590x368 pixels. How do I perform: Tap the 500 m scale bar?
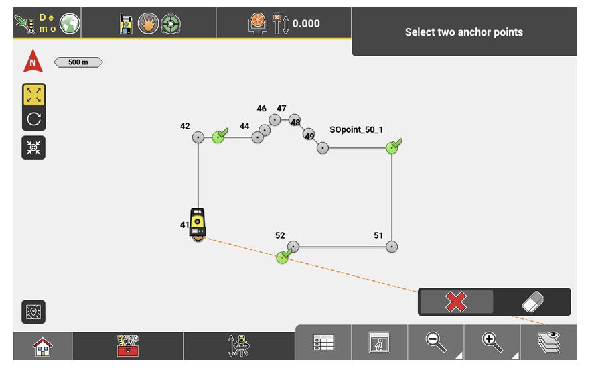coord(78,62)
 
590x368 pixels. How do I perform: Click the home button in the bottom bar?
coord(43,347)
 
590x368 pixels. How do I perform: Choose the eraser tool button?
coord(532,302)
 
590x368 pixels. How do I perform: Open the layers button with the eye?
coord(548,343)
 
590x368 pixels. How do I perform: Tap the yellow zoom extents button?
coord(34,95)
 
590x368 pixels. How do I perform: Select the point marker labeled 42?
coord(198,137)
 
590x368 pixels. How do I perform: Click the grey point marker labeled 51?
coord(392,247)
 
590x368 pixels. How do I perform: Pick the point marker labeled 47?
coord(275,120)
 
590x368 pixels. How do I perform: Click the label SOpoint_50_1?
coord(356,129)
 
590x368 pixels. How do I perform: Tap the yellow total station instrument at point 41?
coord(198,222)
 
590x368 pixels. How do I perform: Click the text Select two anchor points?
coord(463,32)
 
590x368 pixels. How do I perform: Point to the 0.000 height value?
coord(306,24)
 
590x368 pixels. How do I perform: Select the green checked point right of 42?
coord(218,137)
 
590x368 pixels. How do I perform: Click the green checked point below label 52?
coord(282,258)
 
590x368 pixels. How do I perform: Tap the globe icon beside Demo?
coord(70,24)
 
